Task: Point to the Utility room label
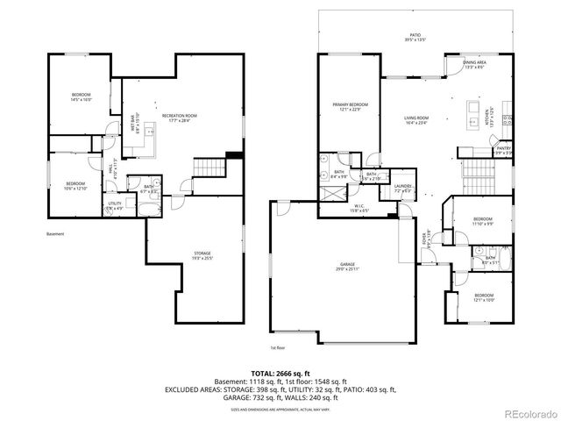[116, 206]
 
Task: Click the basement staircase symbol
[209, 167]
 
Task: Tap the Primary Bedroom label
[350, 107]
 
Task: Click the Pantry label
[503, 150]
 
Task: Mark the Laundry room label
[403, 188]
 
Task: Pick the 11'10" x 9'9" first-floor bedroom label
[483, 220]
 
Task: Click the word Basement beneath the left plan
[56, 235]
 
